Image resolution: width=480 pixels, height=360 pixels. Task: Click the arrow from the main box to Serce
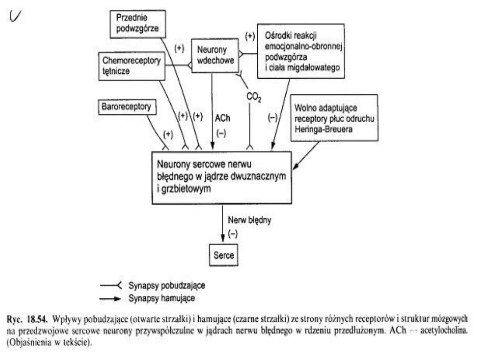tap(223, 224)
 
